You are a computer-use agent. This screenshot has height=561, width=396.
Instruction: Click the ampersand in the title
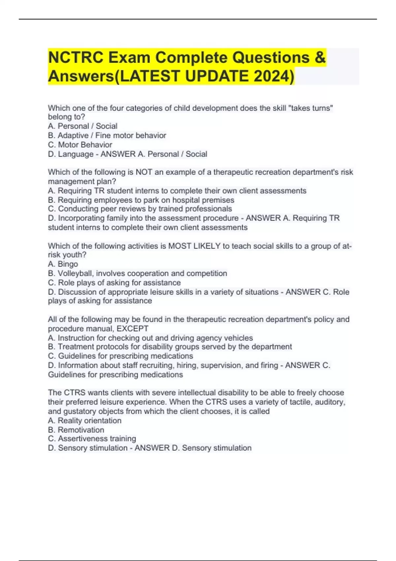pyautogui.click(x=320, y=58)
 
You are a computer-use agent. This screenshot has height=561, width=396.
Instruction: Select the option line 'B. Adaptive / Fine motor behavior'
pyautogui.click(x=107, y=135)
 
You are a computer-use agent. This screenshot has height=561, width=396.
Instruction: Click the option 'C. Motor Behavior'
pyautogui.click(x=80, y=145)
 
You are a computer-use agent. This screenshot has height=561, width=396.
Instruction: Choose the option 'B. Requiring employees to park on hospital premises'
pyautogui.click(x=141, y=200)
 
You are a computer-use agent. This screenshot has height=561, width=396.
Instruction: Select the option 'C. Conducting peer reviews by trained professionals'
pyautogui.click(x=140, y=209)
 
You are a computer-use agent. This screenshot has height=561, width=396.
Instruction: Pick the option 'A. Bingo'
pyautogui.click(x=63, y=264)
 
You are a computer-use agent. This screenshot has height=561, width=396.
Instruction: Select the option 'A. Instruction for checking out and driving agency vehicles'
pyautogui.click(x=150, y=338)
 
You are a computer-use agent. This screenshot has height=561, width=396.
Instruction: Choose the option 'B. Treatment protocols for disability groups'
pyautogui.click(x=170, y=347)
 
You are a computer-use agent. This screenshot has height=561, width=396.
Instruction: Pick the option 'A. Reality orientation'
pyautogui.click(x=84, y=421)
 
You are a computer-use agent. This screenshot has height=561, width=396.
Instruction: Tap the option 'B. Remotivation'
pyautogui.click(x=76, y=430)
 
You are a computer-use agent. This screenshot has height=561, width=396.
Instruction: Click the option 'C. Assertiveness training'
pyautogui.click(x=92, y=439)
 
